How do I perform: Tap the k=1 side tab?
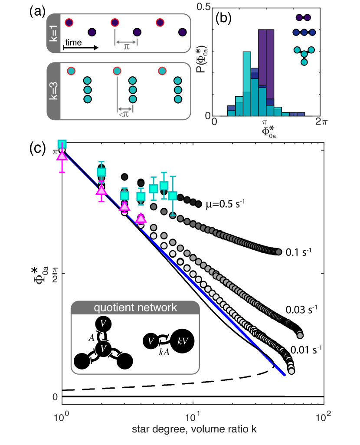tap(53, 33)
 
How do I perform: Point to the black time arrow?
tap(81, 47)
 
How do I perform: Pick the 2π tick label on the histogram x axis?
tap(321, 122)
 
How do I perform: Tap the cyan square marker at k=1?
tap(62, 144)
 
